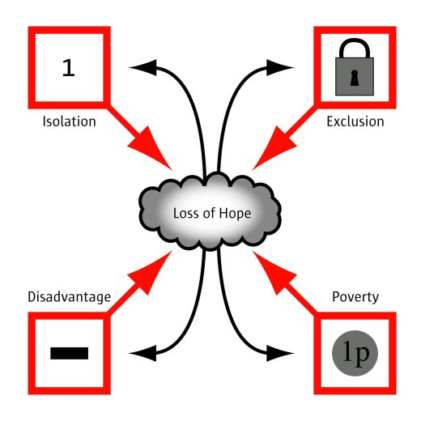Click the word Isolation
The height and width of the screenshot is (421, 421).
pyautogui.click(x=70, y=121)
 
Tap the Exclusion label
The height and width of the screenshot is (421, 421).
pyautogui.click(x=355, y=121)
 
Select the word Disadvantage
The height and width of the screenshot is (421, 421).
pyautogui.click(x=70, y=297)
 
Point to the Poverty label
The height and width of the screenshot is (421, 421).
pyautogui.click(x=355, y=297)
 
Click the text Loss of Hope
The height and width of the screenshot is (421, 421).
pyautogui.click(x=212, y=213)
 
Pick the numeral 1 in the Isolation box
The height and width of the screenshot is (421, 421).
pyautogui.click(x=69, y=68)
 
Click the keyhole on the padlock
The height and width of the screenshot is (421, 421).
pyautogui.click(x=355, y=78)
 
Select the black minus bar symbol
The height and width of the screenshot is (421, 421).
pyautogui.click(x=70, y=353)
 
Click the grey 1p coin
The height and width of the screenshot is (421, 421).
pyautogui.click(x=355, y=353)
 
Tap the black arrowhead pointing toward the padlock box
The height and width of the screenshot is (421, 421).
pyautogui.click(x=278, y=67)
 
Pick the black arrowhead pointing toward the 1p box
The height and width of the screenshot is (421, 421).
pyautogui.click(x=278, y=353)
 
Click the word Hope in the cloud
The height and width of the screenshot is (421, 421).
pyautogui.click(x=235, y=214)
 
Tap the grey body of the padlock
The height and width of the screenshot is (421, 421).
pyautogui.click(x=355, y=76)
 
